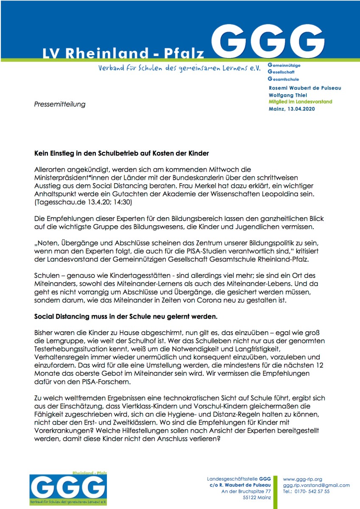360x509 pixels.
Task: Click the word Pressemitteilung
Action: point(60,104)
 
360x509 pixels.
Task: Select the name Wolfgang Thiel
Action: point(288,95)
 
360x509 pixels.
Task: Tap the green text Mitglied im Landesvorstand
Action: point(300,102)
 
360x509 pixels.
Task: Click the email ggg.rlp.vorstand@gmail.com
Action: point(316,485)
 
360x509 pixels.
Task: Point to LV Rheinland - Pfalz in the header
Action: point(123,53)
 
